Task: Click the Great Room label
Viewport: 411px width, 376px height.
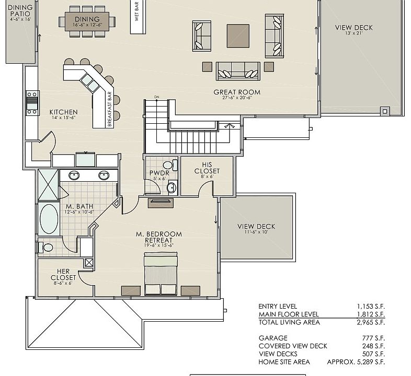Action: [x=236, y=92]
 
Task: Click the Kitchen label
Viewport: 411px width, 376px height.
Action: [x=63, y=112]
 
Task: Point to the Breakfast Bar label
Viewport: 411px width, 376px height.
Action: [x=110, y=109]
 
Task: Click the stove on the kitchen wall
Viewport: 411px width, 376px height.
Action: [x=32, y=102]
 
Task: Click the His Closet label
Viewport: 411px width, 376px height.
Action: [x=207, y=168]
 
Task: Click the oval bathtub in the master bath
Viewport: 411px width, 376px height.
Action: [x=49, y=219]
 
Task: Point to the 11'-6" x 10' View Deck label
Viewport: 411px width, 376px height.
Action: [x=256, y=227]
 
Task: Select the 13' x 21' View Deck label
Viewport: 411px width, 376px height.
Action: [x=353, y=28]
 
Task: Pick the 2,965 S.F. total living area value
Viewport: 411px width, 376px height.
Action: [x=371, y=322]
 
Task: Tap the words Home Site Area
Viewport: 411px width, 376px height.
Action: [x=284, y=362]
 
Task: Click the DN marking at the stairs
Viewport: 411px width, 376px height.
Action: [x=156, y=97]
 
